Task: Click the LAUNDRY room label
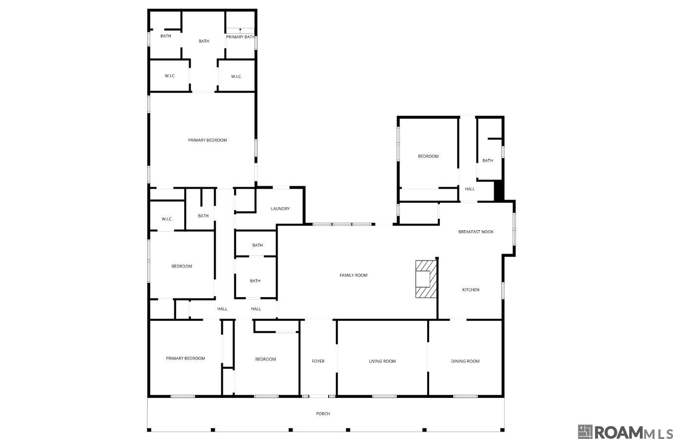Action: pos(280,209)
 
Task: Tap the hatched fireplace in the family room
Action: pos(425,279)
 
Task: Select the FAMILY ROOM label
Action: pos(354,275)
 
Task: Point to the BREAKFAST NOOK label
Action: pos(475,232)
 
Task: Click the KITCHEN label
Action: pos(471,290)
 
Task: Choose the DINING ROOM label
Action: pos(465,361)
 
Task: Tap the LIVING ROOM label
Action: pos(382,361)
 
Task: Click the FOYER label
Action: pos(318,361)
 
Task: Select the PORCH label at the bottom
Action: pos(323,414)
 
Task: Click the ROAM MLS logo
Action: pos(625,432)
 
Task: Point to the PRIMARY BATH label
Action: pos(240,37)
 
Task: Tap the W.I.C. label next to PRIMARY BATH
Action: pos(237,76)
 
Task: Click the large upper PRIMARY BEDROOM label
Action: pos(207,140)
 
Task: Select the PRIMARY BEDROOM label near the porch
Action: pos(185,359)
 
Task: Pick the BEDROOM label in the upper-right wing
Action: pos(428,156)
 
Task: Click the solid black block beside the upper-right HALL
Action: pos(499,191)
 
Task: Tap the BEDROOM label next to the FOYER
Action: pos(265,359)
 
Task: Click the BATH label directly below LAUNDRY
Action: pos(257,245)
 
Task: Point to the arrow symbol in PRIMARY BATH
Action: pos(240,30)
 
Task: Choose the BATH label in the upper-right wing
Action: pos(488,160)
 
